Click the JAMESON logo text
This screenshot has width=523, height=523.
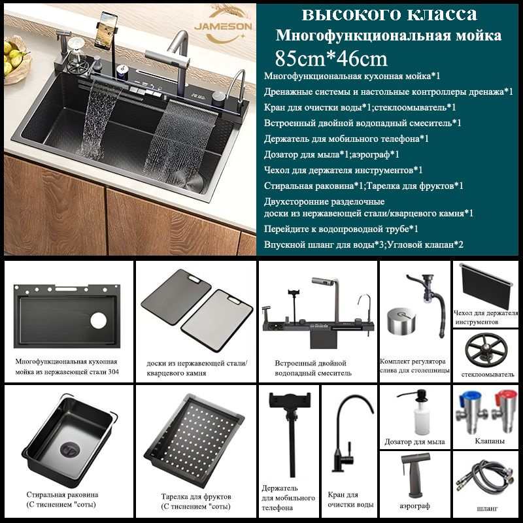tap(223, 26)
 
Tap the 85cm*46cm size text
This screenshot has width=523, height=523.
tap(331, 58)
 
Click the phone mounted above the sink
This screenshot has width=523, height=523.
tap(106, 30)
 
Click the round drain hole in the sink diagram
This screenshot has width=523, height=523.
tap(99, 320)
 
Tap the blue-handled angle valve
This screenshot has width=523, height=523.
tap(471, 412)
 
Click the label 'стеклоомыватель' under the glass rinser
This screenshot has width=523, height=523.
tap(488, 374)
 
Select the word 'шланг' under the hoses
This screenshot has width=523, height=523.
tap(487, 509)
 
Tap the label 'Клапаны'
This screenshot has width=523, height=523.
tap(489, 441)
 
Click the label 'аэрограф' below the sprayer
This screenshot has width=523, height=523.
tap(414, 505)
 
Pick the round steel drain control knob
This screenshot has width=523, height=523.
tap(401, 320)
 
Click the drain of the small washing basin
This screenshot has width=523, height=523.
tap(71, 450)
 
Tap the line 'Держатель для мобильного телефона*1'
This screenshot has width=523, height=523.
tap(346, 139)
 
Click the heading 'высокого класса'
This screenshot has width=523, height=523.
tap(389, 14)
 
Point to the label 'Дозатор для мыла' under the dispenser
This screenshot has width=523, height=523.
tap(414, 442)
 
